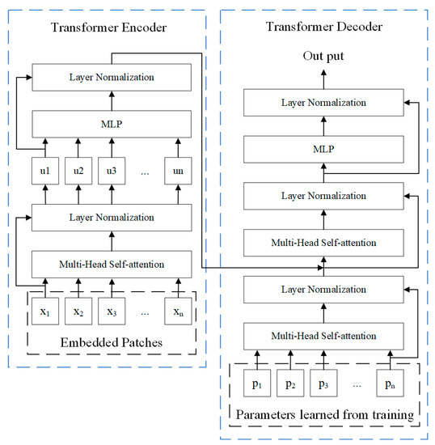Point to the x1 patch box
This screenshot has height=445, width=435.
(x=46, y=310)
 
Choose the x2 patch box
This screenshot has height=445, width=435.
(x=78, y=310)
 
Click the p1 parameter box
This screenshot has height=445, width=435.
(x=257, y=382)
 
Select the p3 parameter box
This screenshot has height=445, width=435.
(x=323, y=382)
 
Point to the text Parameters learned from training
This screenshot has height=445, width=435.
(x=323, y=415)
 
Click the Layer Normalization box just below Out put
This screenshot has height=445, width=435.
(x=323, y=104)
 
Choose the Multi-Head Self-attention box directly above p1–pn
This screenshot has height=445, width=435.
(x=323, y=335)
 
